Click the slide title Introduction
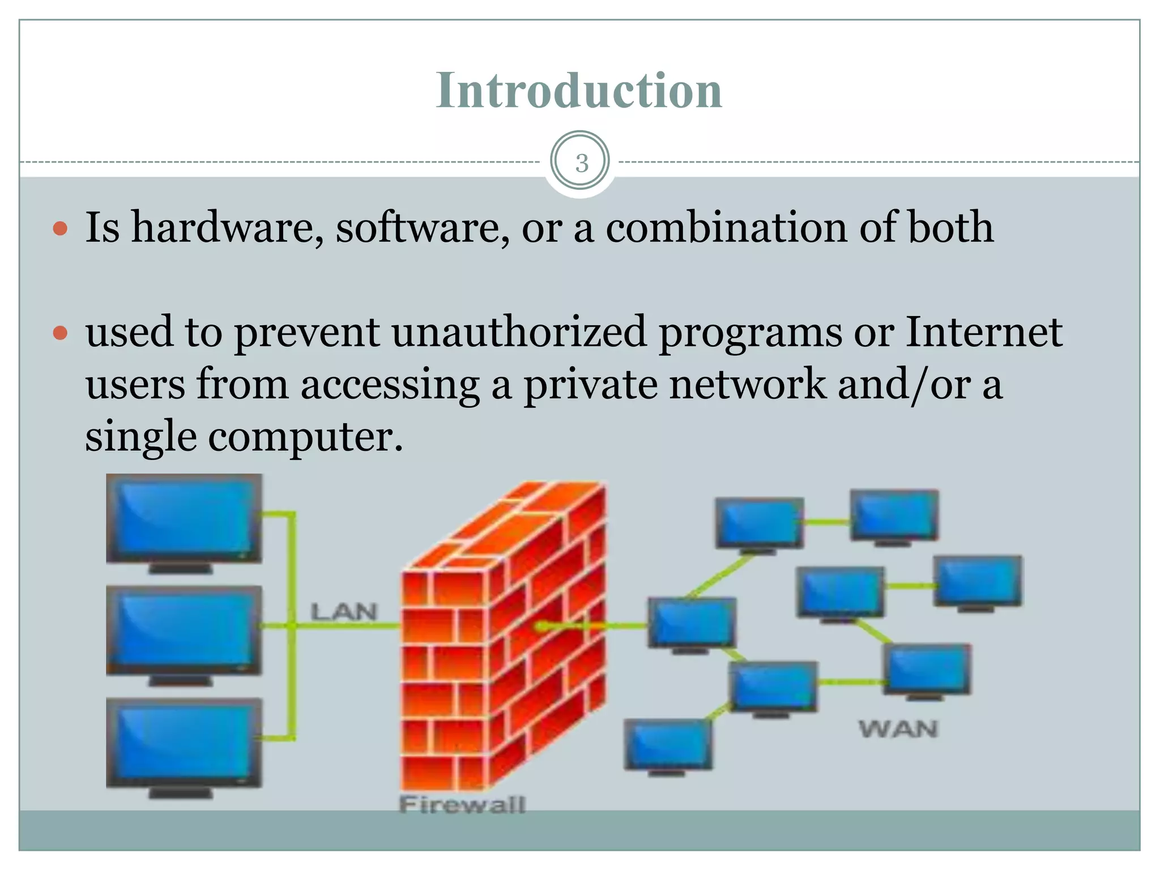[579, 91]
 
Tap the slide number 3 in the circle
[581, 163]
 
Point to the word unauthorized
[519, 332]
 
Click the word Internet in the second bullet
[983, 332]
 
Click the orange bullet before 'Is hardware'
[60, 229]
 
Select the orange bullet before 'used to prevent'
[60, 333]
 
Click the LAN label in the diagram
[343, 612]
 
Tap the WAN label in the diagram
[898, 729]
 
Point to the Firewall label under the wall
[462, 805]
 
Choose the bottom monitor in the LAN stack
[184, 743]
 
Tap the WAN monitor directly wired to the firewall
[692, 623]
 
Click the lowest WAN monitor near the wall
[668, 745]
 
